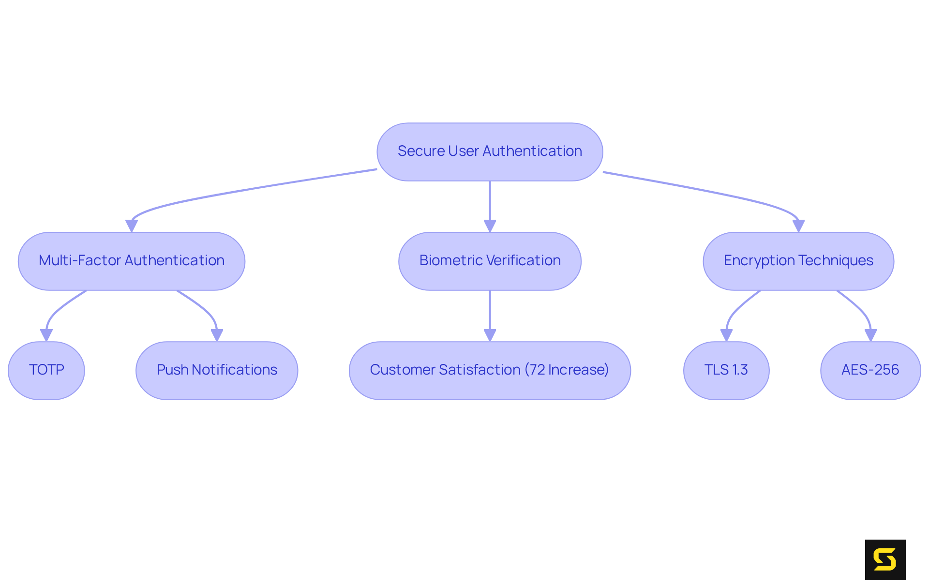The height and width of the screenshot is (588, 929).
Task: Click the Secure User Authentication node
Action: point(490,151)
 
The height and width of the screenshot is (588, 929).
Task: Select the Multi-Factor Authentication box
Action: point(132,261)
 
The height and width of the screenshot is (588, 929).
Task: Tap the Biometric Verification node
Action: point(490,261)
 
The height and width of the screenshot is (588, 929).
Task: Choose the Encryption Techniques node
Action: point(798,261)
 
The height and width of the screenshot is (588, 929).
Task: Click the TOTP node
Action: point(46,370)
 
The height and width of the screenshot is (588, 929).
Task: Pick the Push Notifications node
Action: point(217,370)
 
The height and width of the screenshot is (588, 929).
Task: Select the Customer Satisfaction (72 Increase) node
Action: point(490,370)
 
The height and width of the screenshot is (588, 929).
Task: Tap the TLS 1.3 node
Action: point(726,370)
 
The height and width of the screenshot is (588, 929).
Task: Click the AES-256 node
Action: point(870,370)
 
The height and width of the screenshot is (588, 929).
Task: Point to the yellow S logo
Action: point(885,559)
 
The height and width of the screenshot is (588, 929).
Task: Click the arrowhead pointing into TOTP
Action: point(46,335)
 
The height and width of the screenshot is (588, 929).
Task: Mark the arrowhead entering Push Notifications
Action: point(217,335)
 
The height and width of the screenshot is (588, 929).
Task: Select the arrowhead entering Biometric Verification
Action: point(490,226)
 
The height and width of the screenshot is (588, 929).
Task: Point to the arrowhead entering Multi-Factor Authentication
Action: point(132,226)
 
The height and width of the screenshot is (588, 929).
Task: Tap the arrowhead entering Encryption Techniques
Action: point(798,226)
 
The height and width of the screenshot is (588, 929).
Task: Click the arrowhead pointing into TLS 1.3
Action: point(726,335)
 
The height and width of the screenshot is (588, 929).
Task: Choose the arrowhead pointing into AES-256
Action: point(870,335)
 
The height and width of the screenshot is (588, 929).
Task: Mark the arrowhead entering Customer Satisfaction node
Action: point(490,335)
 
